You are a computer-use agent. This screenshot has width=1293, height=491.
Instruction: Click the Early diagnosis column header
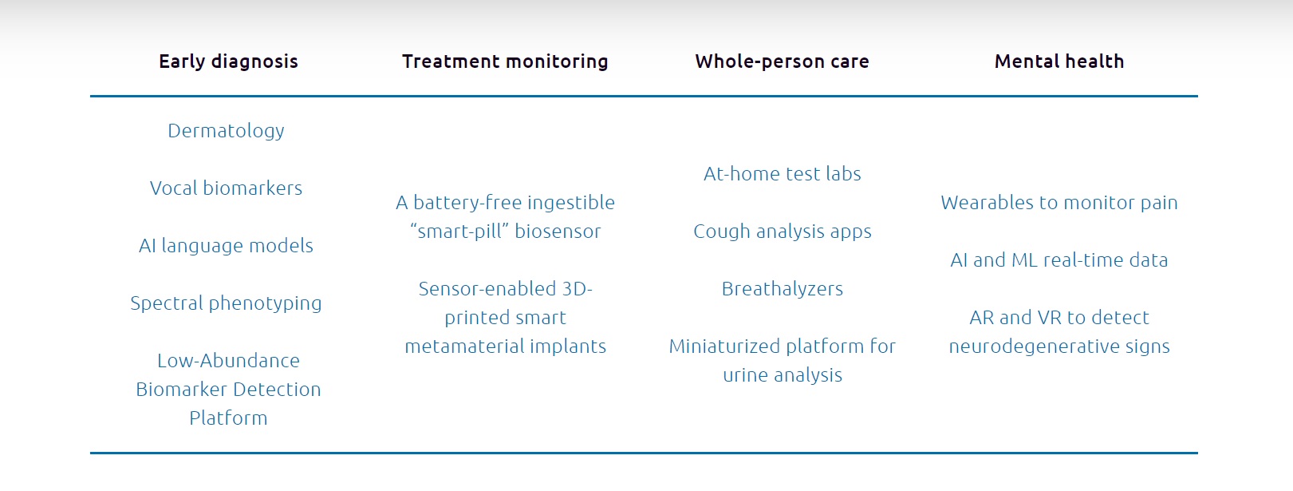[x=229, y=61]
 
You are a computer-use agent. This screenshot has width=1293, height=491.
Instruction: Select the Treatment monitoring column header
[x=505, y=61]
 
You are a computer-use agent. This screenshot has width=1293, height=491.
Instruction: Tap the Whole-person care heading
[x=783, y=61]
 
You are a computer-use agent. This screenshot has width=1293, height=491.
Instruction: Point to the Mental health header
[x=1059, y=61]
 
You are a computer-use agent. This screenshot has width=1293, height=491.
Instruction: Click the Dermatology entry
[x=227, y=131]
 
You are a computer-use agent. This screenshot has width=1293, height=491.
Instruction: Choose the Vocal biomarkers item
[x=227, y=188]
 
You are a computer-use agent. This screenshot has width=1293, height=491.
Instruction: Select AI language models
[x=227, y=246]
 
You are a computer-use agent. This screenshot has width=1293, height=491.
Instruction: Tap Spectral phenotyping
[x=227, y=304]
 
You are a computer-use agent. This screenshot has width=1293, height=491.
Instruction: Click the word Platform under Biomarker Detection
[x=229, y=418]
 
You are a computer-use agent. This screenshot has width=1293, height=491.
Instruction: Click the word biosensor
[x=558, y=232]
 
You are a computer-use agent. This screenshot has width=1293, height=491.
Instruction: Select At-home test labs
[x=783, y=174]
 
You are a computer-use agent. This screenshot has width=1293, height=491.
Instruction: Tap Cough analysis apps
[x=783, y=232]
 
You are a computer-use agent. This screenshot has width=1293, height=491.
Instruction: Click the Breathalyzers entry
[x=783, y=289]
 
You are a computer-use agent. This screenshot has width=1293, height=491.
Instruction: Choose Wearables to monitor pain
[x=1059, y=203]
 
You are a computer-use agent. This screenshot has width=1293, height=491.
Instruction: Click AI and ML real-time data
[x=1059, y=260]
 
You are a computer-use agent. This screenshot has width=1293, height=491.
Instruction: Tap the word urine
[x=746, y=375]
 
